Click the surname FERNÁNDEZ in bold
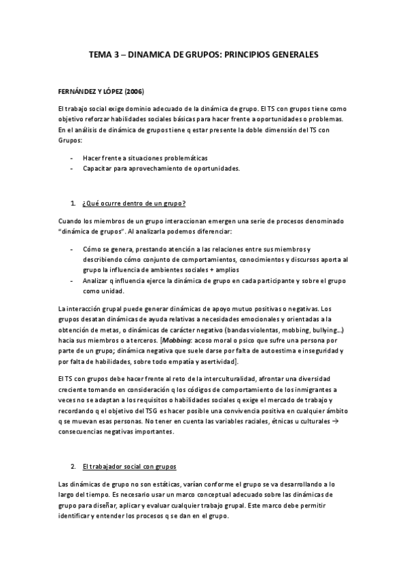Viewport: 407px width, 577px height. point(79,92)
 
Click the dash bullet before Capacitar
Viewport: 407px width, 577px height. point(72,168)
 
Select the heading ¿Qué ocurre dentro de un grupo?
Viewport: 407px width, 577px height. point(134,203)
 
